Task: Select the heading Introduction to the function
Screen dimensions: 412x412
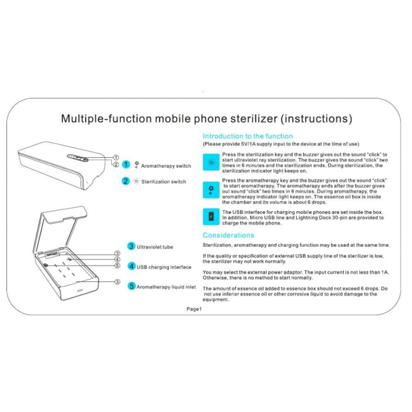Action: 247,136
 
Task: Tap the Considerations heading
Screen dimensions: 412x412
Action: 228,235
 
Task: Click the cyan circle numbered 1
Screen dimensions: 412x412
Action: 125,165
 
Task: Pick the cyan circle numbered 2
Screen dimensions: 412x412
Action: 125,181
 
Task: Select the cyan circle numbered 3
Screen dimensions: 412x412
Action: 131,247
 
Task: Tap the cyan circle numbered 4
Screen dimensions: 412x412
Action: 131,266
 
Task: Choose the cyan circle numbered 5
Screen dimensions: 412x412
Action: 131,286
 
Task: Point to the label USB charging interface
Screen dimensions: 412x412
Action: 164,267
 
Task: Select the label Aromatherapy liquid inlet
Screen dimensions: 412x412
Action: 167,287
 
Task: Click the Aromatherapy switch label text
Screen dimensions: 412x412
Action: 166,166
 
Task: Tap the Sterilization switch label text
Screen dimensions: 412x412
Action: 164,182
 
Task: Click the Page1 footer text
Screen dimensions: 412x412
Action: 194,308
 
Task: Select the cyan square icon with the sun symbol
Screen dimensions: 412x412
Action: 210,161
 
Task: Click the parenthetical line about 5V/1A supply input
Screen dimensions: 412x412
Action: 281,144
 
